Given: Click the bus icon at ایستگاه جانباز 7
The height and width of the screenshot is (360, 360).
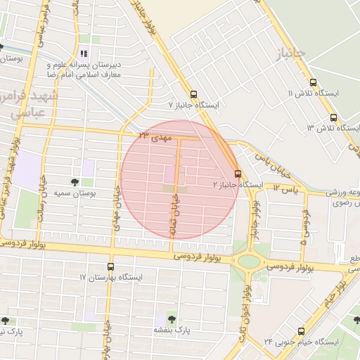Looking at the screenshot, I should pyautogui.click(x=193, y=95).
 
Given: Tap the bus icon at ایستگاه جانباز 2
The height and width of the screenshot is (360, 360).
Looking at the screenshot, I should pyautogui.click(x=238, y=173).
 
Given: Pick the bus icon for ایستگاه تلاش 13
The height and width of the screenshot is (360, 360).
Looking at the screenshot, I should pyautogui.click(x=333, y=118).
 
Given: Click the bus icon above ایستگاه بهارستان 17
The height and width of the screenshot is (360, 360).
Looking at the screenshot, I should pyautogui.click(x=110, y=266).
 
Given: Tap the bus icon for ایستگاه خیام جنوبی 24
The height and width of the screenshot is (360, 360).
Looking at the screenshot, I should pyautogui.click(x=301, y=330).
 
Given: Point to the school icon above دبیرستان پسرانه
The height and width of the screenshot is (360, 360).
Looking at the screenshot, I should pyautogui.click(x=84, y=54).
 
